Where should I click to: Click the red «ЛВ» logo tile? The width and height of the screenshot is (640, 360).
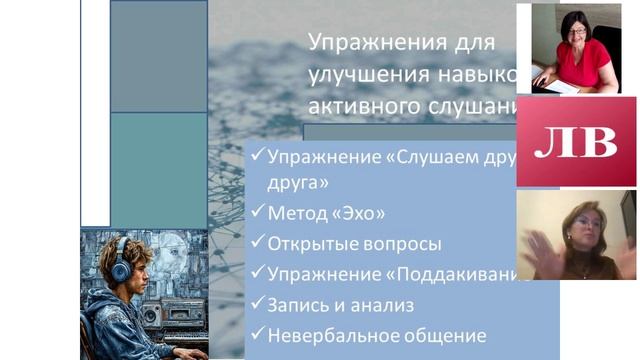pos(575,141)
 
